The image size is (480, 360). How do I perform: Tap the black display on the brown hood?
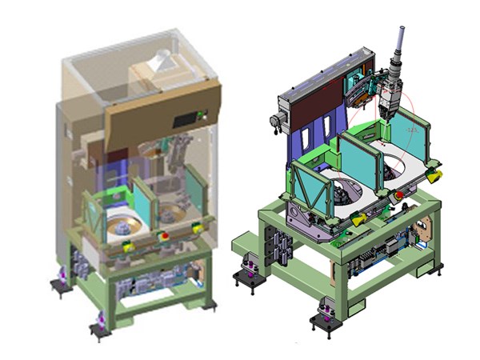186,118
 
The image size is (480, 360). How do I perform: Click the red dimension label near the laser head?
411,128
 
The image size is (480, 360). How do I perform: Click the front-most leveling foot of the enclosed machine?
100,326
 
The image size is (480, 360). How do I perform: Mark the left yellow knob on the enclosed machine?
127,247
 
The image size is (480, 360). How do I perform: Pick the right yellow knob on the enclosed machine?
196,230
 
